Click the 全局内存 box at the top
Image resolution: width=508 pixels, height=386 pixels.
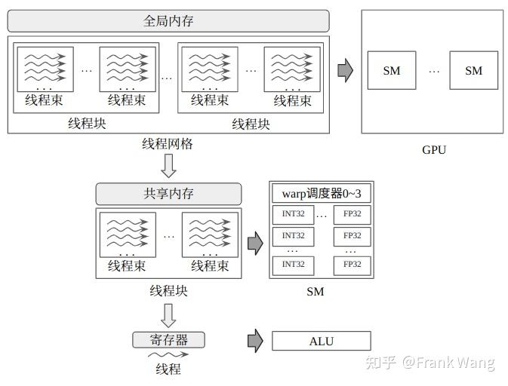click(x=168, y=21)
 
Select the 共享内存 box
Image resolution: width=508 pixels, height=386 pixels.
click(x=168, y=194)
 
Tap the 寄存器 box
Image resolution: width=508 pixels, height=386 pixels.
click(x=168, y=340)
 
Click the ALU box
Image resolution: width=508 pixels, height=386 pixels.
click(x=321, y=341)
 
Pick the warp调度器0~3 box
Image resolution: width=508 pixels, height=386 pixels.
click(x=321, y=193)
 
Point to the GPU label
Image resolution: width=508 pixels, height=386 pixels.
click(x=433, y=149)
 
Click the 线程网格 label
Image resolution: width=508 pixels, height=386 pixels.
click(x=168, y=143)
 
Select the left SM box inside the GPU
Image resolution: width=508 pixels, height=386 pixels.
click(x=391, y=71)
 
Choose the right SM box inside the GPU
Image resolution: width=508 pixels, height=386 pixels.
click(x=473, y=71)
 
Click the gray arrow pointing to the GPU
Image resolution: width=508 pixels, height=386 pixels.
click(x=345, y=70)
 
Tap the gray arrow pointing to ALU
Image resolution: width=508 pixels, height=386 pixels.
click(x=255, y=341)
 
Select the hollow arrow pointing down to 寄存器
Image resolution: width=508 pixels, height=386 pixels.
click(x=168, y=314)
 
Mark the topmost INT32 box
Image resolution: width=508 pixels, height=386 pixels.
click(x=293, y=214)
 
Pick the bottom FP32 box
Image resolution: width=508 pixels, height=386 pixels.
click(x=352, y=265)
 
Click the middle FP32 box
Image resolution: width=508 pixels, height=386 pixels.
click(x=352, y=236)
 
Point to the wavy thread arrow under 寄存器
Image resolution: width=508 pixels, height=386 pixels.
click(x=168, y=354)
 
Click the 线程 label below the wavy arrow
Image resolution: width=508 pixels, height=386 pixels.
click(x=168, y=369)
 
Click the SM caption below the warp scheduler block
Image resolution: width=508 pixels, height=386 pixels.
click(x=316, y=292)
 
